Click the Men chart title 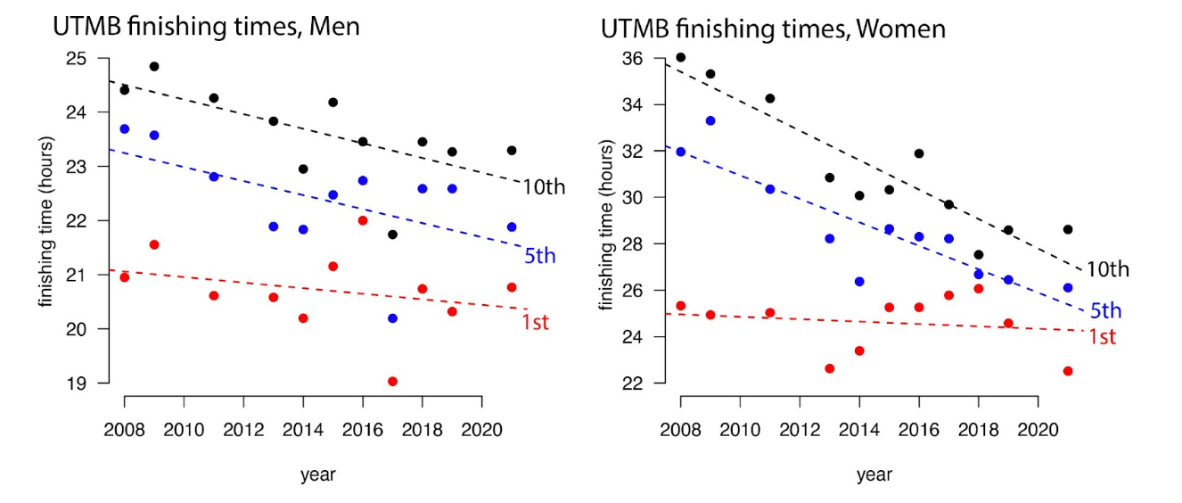(205, 27)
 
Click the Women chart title (772, 29)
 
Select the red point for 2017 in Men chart (392, 382)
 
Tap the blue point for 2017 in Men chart (392, 318)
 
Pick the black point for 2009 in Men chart (154, 67)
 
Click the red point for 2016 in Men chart (363, 220)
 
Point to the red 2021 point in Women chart (1068, 371)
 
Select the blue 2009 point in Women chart (710, 120)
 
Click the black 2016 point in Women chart (919, 153)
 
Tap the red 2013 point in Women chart (829, 368)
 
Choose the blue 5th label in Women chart (1105, 311)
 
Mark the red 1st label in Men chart (535, 323)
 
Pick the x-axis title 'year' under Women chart (874, 475)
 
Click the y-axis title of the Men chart (45, 221)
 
